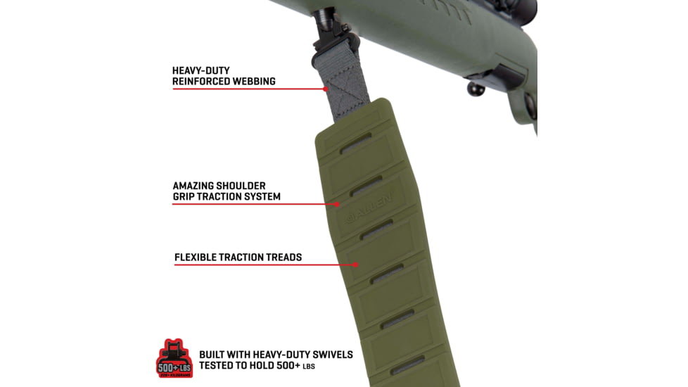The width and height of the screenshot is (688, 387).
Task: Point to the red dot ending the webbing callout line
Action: coord(326,89)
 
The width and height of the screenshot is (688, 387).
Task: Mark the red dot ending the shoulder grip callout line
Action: coord(338,204)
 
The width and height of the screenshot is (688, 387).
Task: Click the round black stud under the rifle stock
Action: coord(476,89)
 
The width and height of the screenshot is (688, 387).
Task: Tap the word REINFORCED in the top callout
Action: coord(198,82)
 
